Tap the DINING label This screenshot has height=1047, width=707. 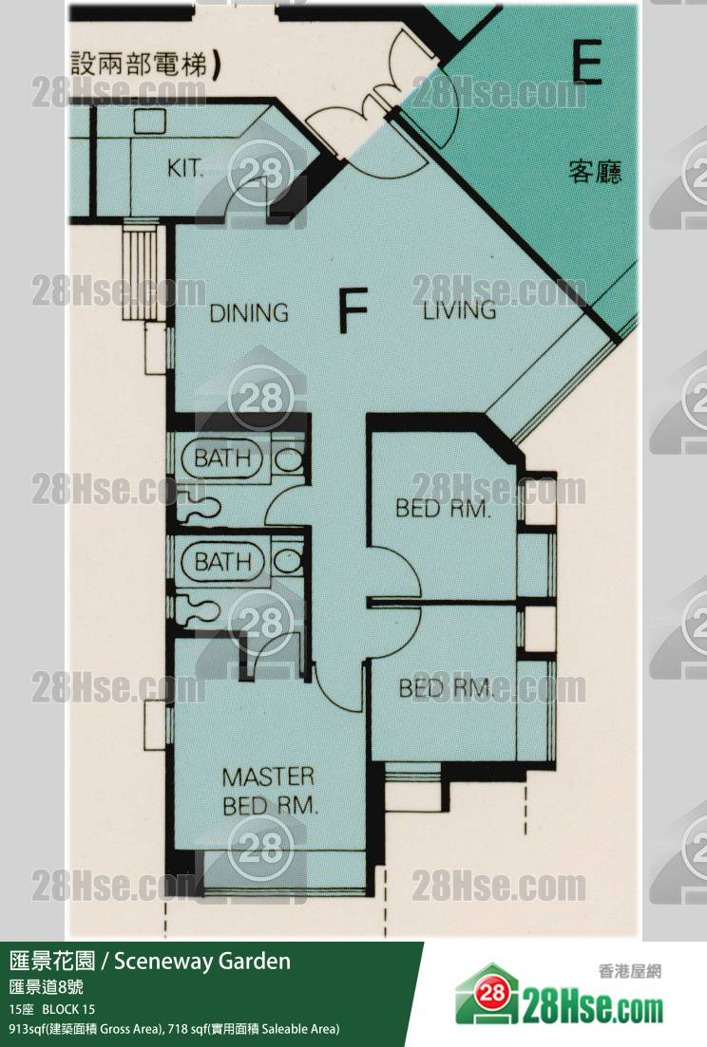tap(249, 312)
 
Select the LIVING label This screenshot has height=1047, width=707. tap(460, 310)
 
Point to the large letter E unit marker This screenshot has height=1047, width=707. tap(587, 61)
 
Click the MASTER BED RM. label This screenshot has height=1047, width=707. tap(269, 792)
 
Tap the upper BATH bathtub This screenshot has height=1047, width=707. tap(222, 458)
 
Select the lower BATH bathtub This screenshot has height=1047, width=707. tap(222, 561)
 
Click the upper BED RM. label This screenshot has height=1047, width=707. tap(443, 508)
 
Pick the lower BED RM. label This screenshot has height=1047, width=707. tap(446, 688)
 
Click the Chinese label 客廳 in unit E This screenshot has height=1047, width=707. tap(595, 172)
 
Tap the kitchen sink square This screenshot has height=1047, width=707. tap(149, 121)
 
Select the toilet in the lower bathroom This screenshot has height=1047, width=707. tap(287, 562)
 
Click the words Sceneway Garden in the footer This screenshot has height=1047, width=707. tap(202, 961)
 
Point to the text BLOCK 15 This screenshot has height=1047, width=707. tap(68, 1008)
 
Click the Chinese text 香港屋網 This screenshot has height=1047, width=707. tap(629, 971)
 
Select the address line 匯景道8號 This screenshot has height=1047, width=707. tap(47, 987)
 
